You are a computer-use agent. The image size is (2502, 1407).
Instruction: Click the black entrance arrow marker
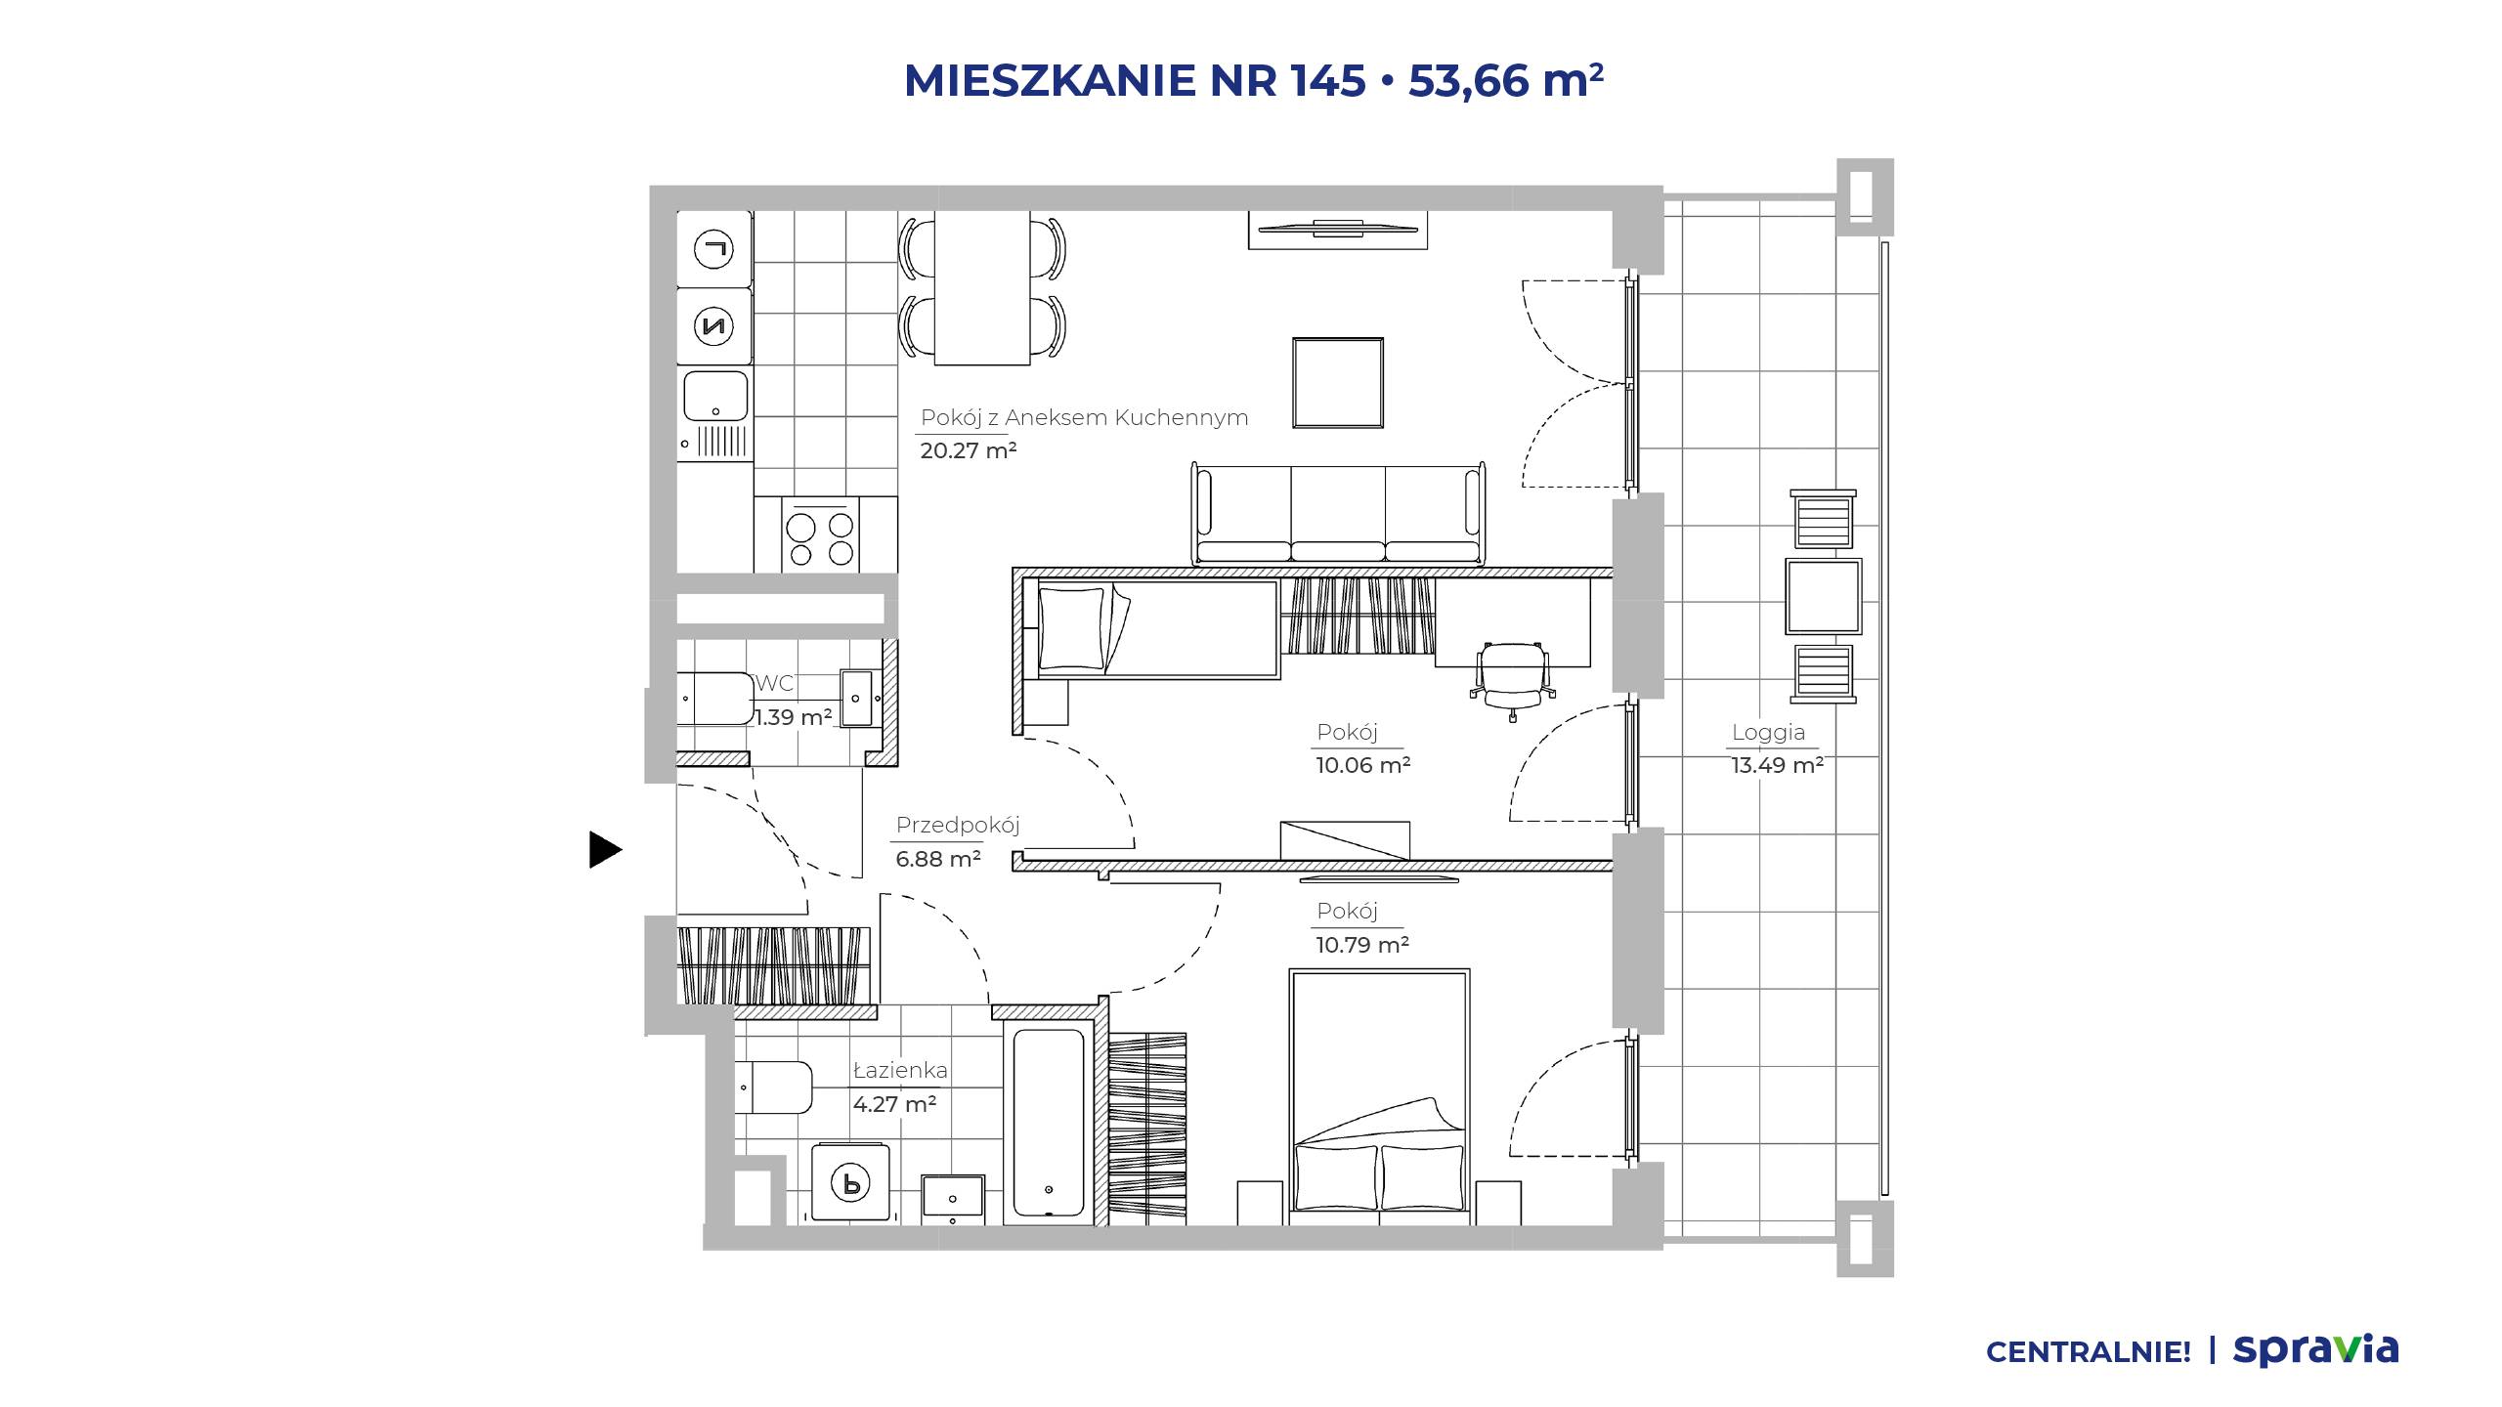click(x=605, y=849)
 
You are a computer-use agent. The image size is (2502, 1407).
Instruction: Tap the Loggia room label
click(x=1768, y=733)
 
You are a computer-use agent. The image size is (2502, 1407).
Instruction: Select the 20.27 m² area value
click(x=969, y=450)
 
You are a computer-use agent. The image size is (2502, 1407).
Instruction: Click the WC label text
click(x=775, y=683)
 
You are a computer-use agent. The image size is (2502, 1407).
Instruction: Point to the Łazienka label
click(x=900, y=1070)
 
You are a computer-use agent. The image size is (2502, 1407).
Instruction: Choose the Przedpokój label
click(x=958, y=825)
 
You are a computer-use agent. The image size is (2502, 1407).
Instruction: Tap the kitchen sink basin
click(x=715, y=397)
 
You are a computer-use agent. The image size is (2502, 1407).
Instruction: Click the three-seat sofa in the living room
click(x=1339, y=513)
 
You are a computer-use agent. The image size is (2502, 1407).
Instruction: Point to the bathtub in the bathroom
click(x=1049, y=1122)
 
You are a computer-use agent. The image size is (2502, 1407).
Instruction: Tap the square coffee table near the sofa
click(x=1338, y=383)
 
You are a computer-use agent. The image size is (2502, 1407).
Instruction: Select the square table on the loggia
click(x=1824, y=596)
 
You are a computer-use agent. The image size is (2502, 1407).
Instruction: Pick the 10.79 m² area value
click(x=1362, y=945)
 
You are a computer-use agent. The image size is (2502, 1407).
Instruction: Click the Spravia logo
click(x=2315, y=1349)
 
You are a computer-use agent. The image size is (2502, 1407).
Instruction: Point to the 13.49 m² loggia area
click(x=1778, y=765)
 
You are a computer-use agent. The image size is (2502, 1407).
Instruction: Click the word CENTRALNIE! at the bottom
click(x=2089, y=1352)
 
